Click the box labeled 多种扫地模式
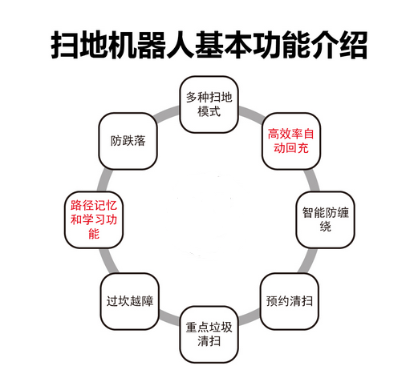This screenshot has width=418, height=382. click(209, 105)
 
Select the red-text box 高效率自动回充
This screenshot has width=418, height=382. click(291, 141)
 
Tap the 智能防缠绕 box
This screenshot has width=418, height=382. click(325, 219)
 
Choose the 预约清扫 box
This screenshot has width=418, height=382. click(290, 301)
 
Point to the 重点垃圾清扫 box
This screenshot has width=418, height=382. click(209, 335)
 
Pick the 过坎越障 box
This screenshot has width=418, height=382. click(130, 301)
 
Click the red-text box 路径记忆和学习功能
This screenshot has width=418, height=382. click(94, 219)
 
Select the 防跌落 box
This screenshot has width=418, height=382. click(128, 141)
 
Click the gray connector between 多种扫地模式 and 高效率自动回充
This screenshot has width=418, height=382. click(251, 114)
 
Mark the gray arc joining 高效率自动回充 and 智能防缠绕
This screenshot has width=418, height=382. click(312, 180)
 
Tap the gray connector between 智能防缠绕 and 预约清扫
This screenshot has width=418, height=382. click(307, 260)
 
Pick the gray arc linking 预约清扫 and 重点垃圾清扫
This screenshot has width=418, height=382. click(250, 317)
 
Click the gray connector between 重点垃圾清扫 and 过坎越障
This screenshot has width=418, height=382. click(169, 318)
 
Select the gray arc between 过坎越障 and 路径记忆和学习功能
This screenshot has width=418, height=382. click(109, 260)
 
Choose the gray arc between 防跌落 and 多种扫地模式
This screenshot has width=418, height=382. click(167, 114)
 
